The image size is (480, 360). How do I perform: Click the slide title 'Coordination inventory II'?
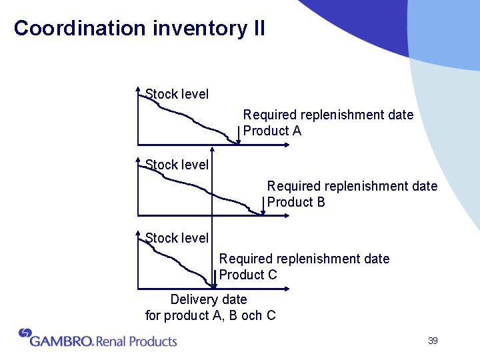(139, 28)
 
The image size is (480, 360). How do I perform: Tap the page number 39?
(433, 341)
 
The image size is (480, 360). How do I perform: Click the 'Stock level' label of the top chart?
(177, 94)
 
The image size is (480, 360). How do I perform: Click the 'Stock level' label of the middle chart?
(177, 164)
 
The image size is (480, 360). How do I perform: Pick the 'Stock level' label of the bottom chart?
(177, 237)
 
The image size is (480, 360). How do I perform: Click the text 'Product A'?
(272, 131)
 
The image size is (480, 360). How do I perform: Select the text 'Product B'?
(296, 202)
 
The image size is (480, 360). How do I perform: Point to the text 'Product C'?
(248, 274)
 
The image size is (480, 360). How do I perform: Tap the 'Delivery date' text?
(209, 299)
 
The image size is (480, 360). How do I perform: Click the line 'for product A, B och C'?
(211, 315)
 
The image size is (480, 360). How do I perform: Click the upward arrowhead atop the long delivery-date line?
(212, 149)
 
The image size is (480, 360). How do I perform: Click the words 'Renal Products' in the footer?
(137, 341)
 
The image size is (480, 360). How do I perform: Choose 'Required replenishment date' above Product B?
(352, 186)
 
